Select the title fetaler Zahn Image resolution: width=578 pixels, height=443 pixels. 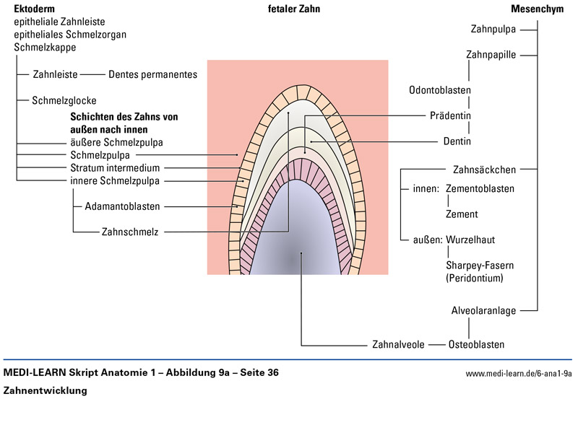pos(293,9)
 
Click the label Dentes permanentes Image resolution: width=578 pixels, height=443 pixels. pos(152,74)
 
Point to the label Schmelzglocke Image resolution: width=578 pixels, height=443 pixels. pos(64,101)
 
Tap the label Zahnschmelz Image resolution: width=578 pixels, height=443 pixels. pos(130,232)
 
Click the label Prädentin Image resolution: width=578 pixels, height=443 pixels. pos(450,115)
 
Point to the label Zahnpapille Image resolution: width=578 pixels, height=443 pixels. pos(491,55)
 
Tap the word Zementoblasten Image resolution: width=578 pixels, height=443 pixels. pos(480,189)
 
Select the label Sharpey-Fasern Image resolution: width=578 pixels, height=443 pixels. pos(480,265)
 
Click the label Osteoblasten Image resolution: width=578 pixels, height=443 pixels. pos(476,344)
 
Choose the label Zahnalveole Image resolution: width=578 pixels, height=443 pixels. pos(398,344)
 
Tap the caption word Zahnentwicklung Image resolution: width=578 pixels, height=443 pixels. pos(45,390)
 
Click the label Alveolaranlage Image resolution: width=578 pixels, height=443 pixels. pos(483,311)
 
